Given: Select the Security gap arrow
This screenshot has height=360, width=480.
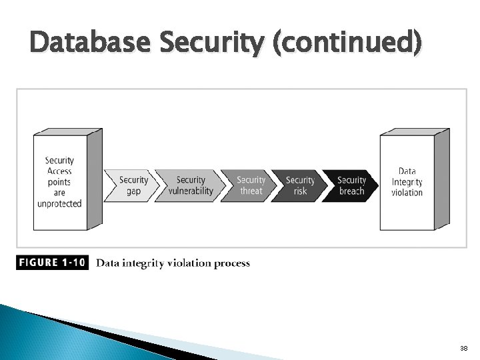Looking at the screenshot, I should pyautogui.click(x=133, y=185).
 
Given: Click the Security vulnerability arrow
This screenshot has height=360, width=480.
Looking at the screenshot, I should pyautogui.click(x=191, y=185).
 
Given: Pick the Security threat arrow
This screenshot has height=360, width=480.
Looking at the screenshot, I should pyautogui.click(x=251, y=185).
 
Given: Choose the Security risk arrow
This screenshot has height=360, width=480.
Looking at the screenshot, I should pyautogui.click(x=300, y=185).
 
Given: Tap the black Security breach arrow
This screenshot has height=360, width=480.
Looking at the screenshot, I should pyautogui.click(x=351, y=185).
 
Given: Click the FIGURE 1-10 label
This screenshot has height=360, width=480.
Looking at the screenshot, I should pyautogui.click(x=52, y=263).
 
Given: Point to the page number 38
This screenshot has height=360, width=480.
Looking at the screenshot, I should pyautogui.click(x=463, y=349).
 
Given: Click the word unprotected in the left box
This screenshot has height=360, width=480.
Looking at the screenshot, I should pyautogui.click(x=59, y=203).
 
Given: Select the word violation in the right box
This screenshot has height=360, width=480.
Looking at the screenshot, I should pyautogui.click(x=407, y=193).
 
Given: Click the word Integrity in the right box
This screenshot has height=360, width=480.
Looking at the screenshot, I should pyautogui.click(x=407, y=182).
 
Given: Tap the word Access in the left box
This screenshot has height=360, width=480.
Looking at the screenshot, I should pyautogui.click(x=59, y=171).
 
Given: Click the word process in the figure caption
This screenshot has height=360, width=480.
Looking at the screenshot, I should pyautogui.click(x=233, y=263).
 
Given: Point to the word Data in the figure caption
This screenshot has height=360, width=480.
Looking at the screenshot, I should pyautogui.click(x=108, y=263).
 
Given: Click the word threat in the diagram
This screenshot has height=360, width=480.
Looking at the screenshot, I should pyautogui.click(x=251, y=191).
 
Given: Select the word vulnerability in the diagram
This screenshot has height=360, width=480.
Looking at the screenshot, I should pyautogui.click(x=191, y=191).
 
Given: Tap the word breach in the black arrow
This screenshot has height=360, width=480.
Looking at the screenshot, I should pyautogui.click(x=351, y=191).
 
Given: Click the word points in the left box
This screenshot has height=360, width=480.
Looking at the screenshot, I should pyautogui.click(x=59, y=182).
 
